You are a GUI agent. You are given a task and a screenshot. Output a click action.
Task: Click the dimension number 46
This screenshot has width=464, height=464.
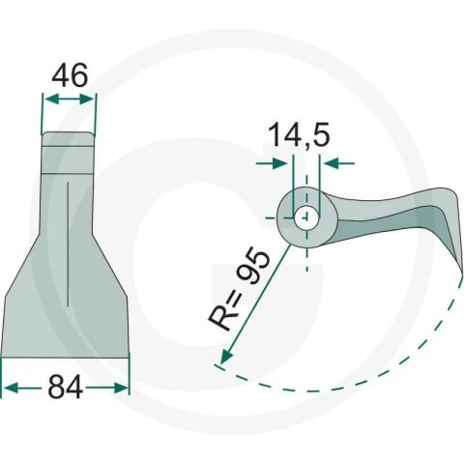70,75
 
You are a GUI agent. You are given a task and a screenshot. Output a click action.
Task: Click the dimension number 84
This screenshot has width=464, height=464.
66,388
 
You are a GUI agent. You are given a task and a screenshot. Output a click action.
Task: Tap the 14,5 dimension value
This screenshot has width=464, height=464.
299,135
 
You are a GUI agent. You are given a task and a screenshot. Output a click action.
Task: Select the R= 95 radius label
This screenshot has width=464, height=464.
239,289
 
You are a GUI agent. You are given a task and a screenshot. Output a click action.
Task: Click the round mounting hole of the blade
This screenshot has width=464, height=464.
306,217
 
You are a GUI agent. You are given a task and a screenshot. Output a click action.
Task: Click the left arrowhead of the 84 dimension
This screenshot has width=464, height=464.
12,388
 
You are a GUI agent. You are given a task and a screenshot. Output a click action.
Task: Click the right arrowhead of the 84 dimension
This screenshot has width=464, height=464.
120,388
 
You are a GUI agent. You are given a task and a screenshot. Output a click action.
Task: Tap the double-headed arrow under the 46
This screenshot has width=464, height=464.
70,100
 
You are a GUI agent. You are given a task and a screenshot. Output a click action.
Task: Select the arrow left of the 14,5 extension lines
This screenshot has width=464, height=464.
272,163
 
